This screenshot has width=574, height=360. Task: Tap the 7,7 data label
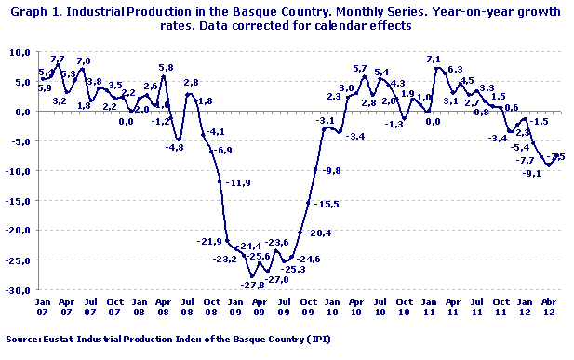[57, 60]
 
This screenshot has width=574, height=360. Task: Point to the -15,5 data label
[327, 204]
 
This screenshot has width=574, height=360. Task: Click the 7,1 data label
[434, 60]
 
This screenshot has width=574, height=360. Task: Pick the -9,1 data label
[531, 173]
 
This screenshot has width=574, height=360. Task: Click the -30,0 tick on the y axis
[19, 290]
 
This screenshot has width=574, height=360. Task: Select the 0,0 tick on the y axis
[22, 112]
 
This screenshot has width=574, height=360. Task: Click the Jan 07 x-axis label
[43, 308]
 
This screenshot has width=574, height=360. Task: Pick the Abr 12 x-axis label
[548, 308]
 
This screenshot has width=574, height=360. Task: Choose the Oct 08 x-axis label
[212, 308]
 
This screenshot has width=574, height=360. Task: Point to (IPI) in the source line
[317, 340]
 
